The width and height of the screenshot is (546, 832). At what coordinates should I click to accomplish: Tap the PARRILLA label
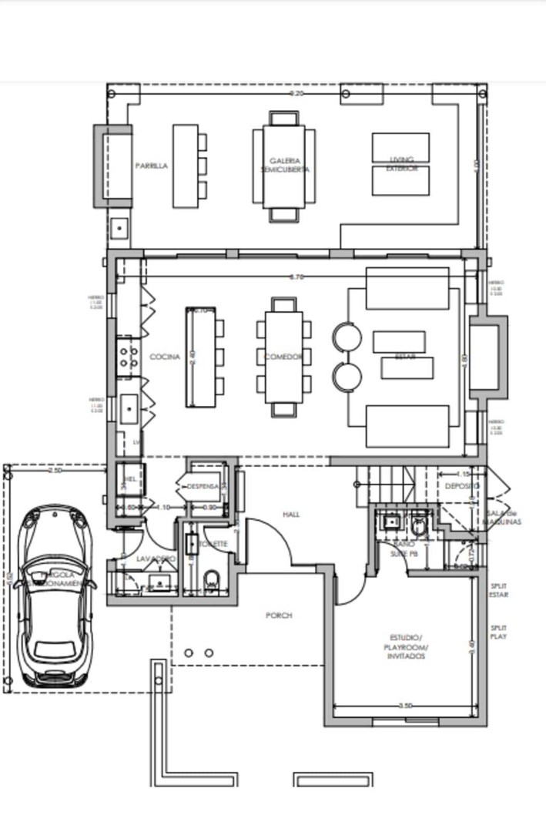tap(151, 166)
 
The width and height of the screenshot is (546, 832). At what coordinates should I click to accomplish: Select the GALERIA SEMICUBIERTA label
tap(283, 165)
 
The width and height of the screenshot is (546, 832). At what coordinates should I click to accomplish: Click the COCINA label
tap(165, 357)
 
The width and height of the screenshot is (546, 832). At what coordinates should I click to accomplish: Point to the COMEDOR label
tap(283, 357)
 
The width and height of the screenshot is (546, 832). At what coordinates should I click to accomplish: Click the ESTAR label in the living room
tap(405, 357)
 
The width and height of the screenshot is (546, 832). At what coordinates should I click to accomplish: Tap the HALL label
tap(291, 514)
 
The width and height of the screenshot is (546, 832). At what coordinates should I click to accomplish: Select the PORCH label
tap(279, 616)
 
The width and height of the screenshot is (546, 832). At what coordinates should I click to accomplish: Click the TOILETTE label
tap(213, 544)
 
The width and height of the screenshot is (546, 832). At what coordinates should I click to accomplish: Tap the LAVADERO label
tap(156, 558)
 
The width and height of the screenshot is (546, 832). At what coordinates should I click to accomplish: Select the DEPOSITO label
tap(461, 486)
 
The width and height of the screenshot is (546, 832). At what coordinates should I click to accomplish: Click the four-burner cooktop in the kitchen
tap(128, 357)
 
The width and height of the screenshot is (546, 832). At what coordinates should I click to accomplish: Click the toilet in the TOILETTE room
tap(213, 581)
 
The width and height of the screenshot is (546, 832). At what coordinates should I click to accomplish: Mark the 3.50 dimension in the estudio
tap(406, 706)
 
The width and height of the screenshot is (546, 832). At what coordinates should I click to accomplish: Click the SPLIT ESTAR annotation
tap(499, 590)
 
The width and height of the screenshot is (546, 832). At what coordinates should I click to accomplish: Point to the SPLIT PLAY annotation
tap(499, 632)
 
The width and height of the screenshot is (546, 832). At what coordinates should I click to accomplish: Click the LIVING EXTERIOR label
tap(401, 163)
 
